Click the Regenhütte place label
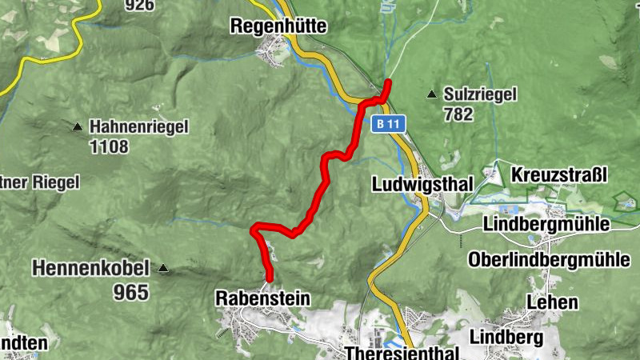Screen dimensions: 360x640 [278, 26]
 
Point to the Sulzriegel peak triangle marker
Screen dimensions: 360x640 [432, 94]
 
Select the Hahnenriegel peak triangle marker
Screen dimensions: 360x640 [78, 126]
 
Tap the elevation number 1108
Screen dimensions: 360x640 [109, 146]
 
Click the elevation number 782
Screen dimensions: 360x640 [458, 114]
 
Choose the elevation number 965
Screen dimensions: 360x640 [131, 292]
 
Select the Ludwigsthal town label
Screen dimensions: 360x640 [423, 184]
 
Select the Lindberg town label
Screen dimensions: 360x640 [506, 337]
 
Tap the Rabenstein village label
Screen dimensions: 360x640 [262, 298]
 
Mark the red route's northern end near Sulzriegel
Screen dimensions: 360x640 [388, 82]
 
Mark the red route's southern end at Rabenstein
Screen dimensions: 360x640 [270, 279]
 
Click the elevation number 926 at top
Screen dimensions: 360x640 [140, 5]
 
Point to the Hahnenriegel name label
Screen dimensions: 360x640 [138, 126]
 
